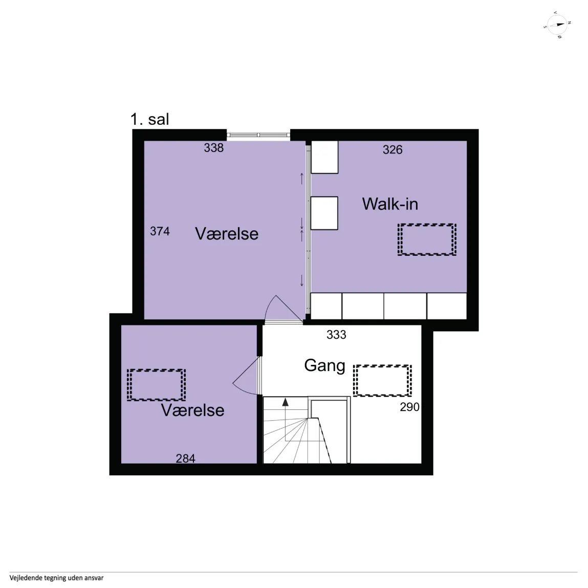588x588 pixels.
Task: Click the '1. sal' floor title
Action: point(149,119)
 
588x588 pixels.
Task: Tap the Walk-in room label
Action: point(390,204)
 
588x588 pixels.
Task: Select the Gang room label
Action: point(325,366)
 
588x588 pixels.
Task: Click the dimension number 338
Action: point(214,148)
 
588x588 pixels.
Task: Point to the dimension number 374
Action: point(160,231)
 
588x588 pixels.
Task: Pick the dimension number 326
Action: point(393,149)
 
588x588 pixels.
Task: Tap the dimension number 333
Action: point(336,335)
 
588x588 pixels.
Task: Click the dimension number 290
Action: point(409,407)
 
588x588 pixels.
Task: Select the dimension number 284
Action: point(186,458)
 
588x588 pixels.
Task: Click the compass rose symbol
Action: point(557,25)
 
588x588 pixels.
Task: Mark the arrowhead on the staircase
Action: point(286,402)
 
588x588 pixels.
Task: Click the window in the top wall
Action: point(258,135)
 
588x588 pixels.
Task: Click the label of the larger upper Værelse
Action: point(227,234)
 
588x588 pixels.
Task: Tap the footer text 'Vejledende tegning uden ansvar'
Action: point(57,578)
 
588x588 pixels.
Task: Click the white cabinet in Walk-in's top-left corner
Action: point(325,157)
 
